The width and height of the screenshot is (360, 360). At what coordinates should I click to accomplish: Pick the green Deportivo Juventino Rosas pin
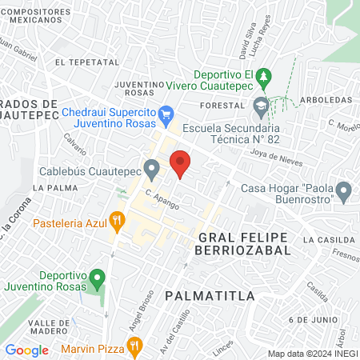pyautogui.click(x=97, y=281)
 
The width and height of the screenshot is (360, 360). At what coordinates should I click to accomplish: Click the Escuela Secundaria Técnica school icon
pyautogui.click(x=261, y=106)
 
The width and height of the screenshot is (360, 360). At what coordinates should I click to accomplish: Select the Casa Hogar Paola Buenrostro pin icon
pyautogui.click(x=344, y=192)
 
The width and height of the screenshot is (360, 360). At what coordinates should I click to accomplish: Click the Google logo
pyautogui.click(x=27, y=350)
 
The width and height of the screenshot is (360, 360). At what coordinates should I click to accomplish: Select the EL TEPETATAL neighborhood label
pyautogui.click(x=86, y=62)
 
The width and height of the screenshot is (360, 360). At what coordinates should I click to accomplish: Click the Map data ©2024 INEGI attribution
pyautogui.click(x=312, y=354)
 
